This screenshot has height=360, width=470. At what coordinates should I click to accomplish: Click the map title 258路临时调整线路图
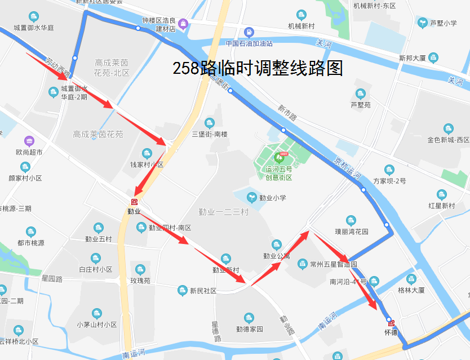coord(258,69)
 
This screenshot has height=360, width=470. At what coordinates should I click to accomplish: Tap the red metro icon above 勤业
coord(134,202)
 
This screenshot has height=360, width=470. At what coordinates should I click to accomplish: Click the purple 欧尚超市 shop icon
coord(29,140)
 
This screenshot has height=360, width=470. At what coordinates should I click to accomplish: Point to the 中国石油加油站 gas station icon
coord(249,32)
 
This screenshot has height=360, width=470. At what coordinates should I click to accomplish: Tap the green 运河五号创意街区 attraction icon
coord(278,156)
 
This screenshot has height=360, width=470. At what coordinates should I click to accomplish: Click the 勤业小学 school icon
coord(253,197)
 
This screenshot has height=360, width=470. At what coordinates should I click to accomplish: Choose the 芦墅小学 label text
coord(443,23)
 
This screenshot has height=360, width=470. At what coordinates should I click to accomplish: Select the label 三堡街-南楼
coord(210,134)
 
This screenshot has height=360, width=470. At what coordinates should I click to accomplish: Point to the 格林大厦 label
coord(411,290)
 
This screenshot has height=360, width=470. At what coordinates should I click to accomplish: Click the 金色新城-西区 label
coord(448,140)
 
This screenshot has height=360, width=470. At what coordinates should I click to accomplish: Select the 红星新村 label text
coord(441,206)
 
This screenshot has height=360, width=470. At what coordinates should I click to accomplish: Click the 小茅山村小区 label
coord(97,325)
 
